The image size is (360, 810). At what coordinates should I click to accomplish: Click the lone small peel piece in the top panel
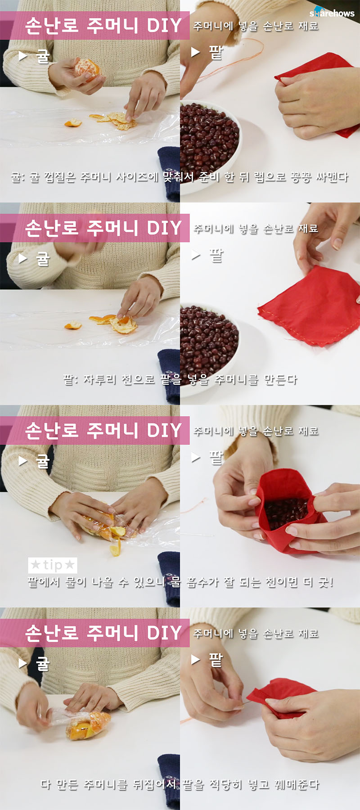pyautogui.click(x=72, y=122)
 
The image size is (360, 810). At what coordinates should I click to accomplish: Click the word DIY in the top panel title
pyautogui.click(x=164, y=26)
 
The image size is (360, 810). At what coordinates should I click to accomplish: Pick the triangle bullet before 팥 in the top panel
pyautogui.click(x=195, y=52)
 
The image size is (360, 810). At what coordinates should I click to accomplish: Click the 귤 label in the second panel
pyautogui.click(x=43, y=258)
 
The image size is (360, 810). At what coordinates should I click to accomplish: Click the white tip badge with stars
pyautogui.click(x=53, y=565)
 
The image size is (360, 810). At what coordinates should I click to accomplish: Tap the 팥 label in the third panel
pyautogui.click(x=216, y=458)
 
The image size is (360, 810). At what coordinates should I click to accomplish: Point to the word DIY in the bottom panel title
pyautogui.click(x=164, y=633)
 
